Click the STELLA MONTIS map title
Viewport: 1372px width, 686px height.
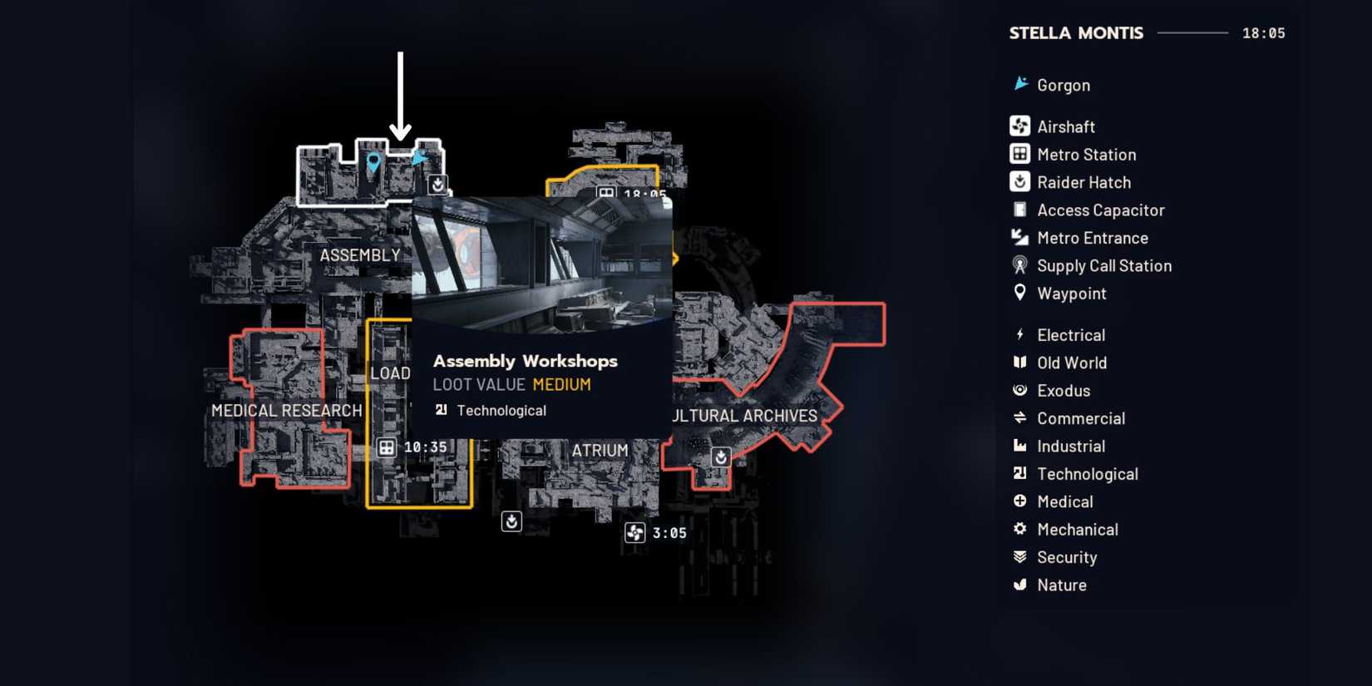[x=1076, y=33]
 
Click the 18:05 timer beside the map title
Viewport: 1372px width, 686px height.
[x=1263, y=33]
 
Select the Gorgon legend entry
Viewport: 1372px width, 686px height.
[x=1063, y=85]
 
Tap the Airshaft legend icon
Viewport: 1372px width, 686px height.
[x=1019, y=126]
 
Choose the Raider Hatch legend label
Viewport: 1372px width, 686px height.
[x=1083, y=182]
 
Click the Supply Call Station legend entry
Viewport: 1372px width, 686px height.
[x=1103, y=266]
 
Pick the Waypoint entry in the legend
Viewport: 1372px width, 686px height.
[x=1071, y=294]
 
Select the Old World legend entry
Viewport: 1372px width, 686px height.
[x=1071, y=363]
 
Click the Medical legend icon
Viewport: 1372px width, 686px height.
[x=1019, y=501]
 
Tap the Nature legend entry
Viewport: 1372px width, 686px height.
[x=1061, y=585]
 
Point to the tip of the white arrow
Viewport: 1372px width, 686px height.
[x=401, y=139]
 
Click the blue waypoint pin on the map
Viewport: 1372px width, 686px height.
[x=373, y=161]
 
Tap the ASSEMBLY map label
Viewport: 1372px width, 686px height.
[x=360, y=255]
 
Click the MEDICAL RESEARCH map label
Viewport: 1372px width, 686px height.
[x=287, y=411]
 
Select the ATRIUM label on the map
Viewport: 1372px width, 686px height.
[x=600, y=451]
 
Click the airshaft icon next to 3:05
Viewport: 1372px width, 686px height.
[x=634, y=533]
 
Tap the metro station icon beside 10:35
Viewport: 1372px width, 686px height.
[x=386, y=447]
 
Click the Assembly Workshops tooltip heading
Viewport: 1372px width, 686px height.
[x=525, y=361]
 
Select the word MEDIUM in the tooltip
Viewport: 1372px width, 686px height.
[x=561, y=385]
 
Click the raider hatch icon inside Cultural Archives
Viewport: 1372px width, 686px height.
[x=721, y=457]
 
